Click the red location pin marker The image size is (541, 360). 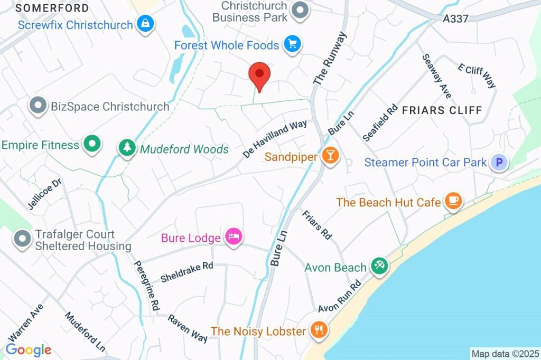259,75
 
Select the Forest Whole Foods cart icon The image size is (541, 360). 291,44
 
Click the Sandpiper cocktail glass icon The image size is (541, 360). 331,156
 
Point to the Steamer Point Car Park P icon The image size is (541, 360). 498,162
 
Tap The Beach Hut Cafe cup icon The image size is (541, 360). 453,201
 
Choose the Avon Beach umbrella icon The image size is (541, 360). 378,266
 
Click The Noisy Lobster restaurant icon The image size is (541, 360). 319,330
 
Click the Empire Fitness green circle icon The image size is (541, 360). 93,144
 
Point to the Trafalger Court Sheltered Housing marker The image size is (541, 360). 22,238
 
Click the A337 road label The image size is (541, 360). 455,18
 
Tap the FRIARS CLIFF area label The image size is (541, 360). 442,110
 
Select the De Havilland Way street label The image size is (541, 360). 275,138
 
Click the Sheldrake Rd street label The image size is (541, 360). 186,271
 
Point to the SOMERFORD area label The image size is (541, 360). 52,8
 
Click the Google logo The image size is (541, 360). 29,349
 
